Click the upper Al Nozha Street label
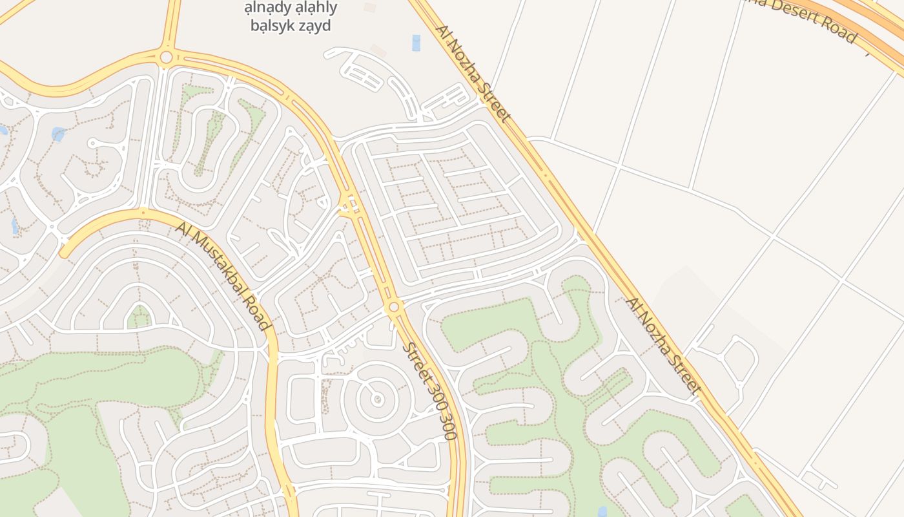pyautogui.click(x=473, y=73)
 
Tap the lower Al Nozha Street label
pyautogui.click(x=663, y=345)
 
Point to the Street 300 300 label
pyautogui.click(x=430, y=390)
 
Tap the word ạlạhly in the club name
pyautogui.click(x=316, y=8)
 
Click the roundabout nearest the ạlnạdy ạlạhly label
pyautogui.click(x=166, y=58)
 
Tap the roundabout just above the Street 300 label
pyautogui.click(x=394, y=306)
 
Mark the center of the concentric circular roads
pyautogui.click(x=378, y=399)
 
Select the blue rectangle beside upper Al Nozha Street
pyautogui.click(x=416, y=43)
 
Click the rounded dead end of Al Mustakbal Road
pyautogui.click(x=65, y=252)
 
